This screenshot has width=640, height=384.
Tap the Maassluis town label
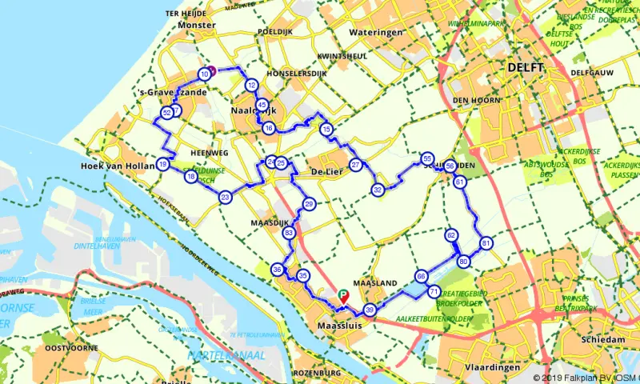point(340,326)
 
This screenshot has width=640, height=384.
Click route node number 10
point(205,74)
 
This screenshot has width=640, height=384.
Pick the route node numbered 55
point(427,158)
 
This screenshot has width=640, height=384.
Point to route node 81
point(485,242)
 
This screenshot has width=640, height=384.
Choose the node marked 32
point(378,190)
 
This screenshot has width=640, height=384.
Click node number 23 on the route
point(226,197)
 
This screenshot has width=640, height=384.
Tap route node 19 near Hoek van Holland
point(162,165)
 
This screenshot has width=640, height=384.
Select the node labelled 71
point(433,292)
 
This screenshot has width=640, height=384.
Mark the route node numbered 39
point(369,310)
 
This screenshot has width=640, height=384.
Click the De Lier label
point(326,172)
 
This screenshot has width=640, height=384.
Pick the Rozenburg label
point(317,373)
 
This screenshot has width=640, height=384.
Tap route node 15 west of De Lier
point(326,130)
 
